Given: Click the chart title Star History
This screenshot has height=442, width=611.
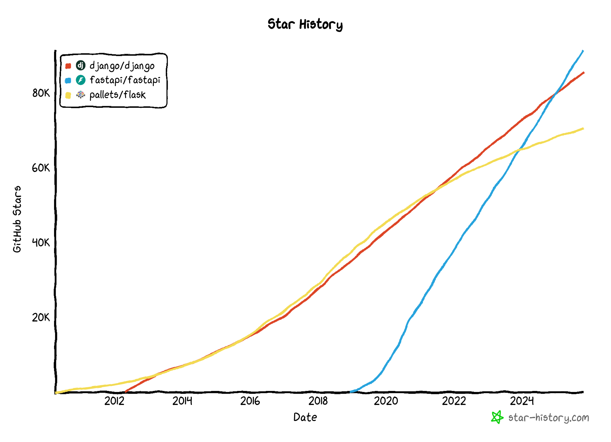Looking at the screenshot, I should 305,24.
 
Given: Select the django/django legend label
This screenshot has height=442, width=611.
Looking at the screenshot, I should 122,66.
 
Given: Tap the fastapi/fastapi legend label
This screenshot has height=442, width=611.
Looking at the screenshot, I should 125,80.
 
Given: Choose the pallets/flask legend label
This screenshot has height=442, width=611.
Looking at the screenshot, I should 117,95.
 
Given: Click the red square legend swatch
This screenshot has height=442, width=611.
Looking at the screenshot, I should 68,66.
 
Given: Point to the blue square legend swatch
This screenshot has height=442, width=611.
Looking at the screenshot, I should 68,80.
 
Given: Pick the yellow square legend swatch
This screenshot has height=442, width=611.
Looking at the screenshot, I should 68,95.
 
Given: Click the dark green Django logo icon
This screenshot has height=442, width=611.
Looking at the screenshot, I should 81,65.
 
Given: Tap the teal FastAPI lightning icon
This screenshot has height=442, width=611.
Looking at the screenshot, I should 81,80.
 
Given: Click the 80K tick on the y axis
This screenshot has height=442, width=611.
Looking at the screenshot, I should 41,93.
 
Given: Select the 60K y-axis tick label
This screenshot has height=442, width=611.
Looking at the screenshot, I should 41,168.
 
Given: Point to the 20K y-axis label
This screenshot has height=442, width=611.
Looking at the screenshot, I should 41,317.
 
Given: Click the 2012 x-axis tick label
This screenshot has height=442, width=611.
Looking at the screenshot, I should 114,401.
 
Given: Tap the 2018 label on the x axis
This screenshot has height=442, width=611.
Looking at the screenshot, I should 318,401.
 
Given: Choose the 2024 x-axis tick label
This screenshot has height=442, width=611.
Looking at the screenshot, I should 522,401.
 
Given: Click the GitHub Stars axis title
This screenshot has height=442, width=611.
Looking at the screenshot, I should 17,219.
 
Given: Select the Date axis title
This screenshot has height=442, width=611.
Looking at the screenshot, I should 305,417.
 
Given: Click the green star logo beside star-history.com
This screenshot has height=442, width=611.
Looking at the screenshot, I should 497,417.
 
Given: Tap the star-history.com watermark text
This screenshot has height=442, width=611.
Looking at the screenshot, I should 549,418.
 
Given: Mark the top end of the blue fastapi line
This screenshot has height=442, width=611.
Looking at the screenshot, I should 583,51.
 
